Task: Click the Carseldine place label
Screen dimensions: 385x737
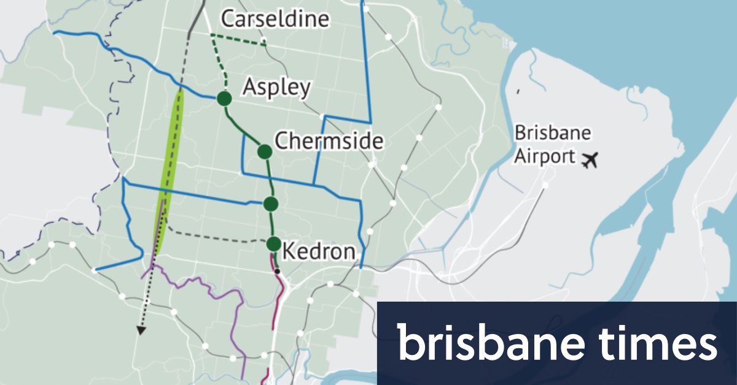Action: tap(275, 19)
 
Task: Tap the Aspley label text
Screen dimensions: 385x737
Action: tap(276, 87)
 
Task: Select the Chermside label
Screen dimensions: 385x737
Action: tap(329, 141)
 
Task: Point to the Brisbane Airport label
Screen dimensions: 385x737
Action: tap(552, 145)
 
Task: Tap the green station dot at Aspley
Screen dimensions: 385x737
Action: tap(224, 98)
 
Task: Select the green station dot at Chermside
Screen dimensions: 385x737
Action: tap(264, 151)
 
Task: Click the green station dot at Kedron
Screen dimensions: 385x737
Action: tap(274, 243)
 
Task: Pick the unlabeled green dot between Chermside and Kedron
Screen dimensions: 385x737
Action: tap(271, 203)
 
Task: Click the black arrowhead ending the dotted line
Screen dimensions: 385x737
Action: tap(141, 330)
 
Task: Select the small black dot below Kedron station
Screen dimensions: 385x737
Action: tap(278, 270)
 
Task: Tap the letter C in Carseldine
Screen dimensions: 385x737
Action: tap(228, 19)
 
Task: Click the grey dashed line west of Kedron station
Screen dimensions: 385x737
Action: tap(215, 238)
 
